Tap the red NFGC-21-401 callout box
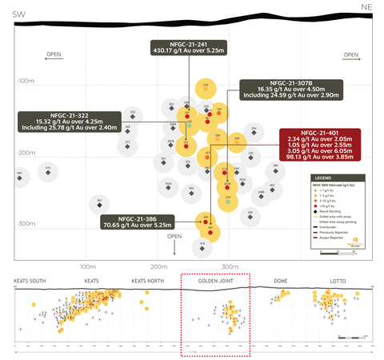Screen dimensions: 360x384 pyautogui.click(x=318, y=146)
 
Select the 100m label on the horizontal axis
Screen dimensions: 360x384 pyautogui.click(x=90, y=265)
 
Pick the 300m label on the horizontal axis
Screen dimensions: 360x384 pyautogui.click(x=230, y=265)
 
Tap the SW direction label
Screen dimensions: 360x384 pyautogui.click(x=18, y=14)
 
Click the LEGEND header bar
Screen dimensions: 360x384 pyautogui.click(x=334, y=177)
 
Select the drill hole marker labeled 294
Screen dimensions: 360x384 pyautogui.click(x=206, y=88)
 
